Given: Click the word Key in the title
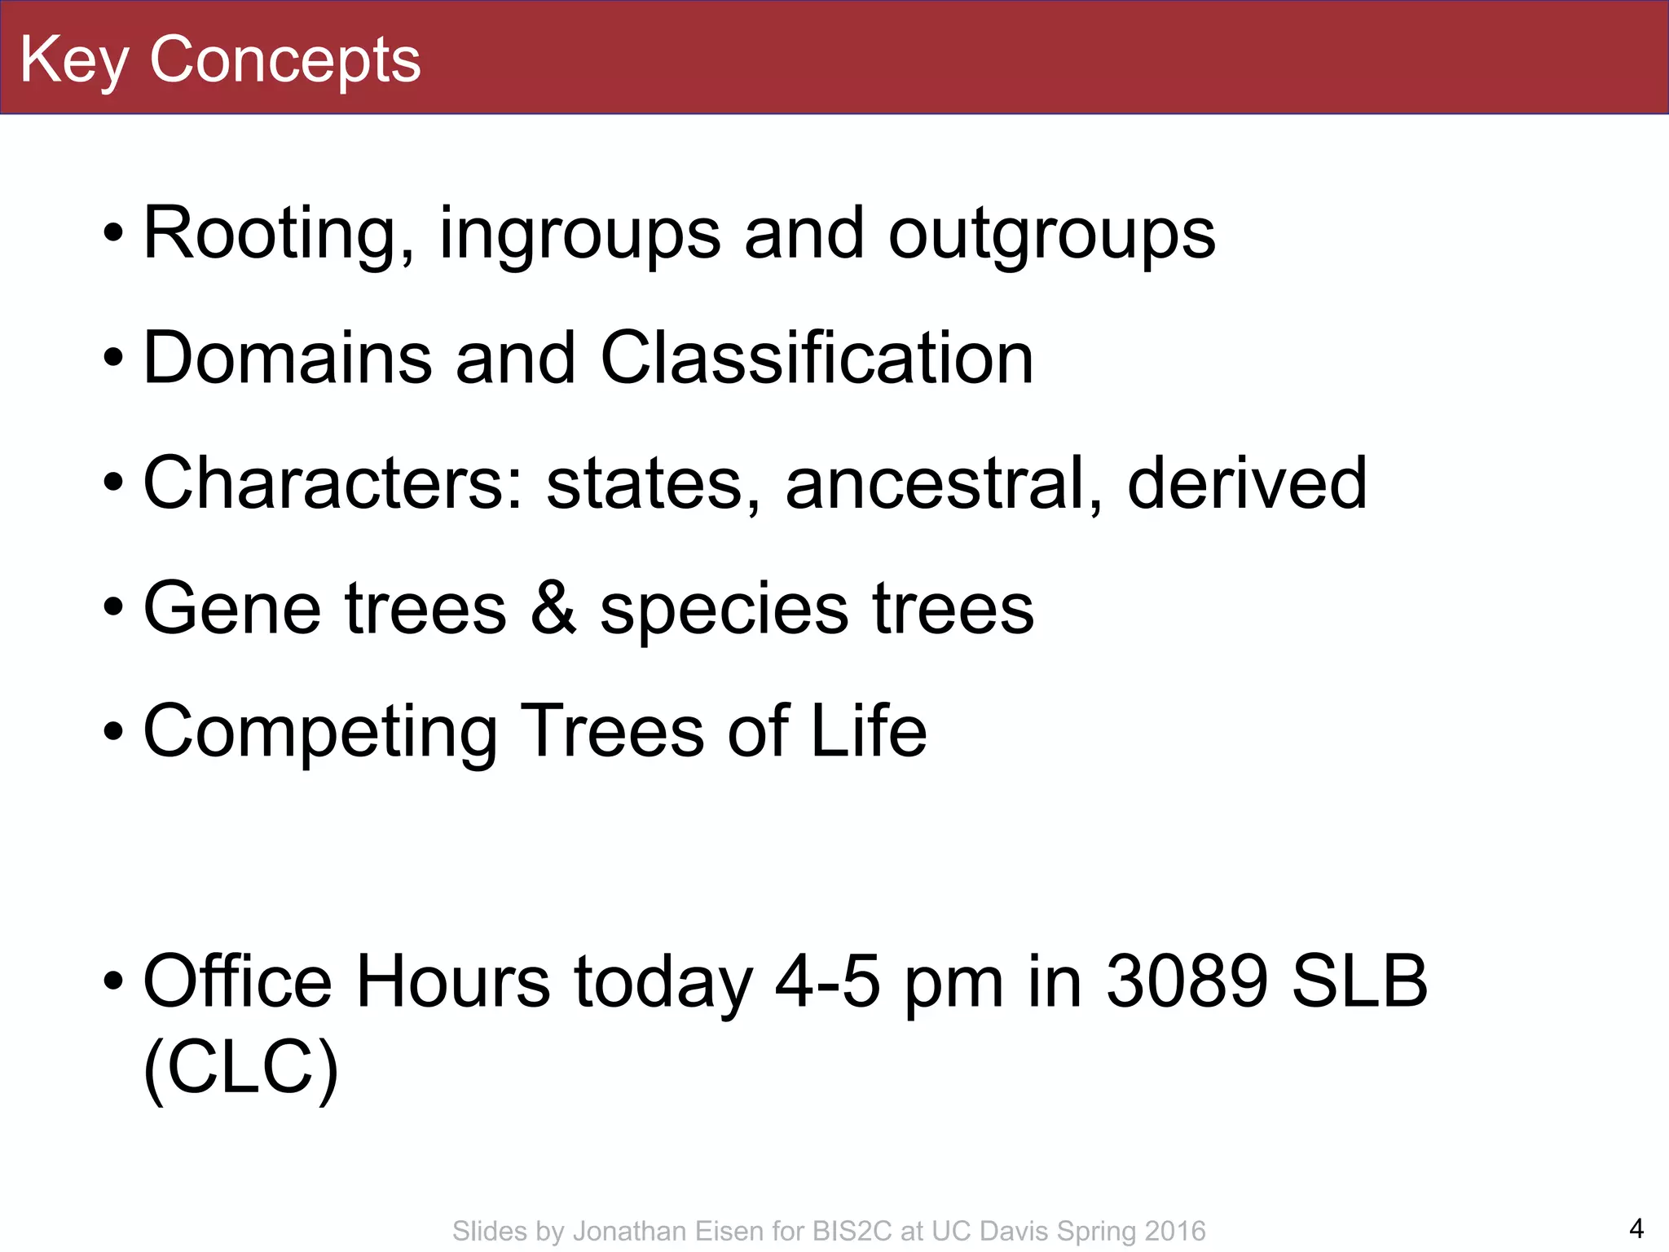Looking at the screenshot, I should click(x=74, y=60).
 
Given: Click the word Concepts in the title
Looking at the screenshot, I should click(x=284, y=60).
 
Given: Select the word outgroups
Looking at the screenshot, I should click(x=1051, y=234).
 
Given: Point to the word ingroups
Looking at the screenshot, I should click(x=579, y=234).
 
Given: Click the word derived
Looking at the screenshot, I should click(x=1247, y=483).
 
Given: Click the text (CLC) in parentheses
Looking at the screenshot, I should click(x=240, y=1068).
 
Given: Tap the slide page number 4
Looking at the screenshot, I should click(x=1636, y=1228).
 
